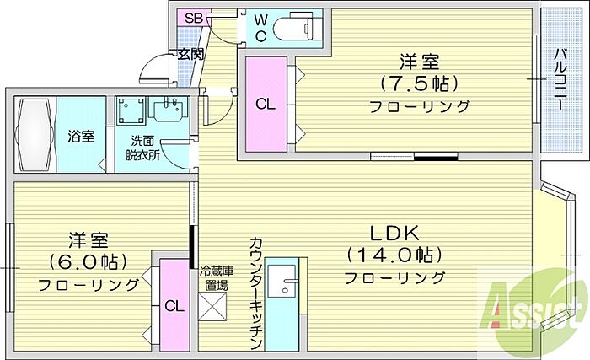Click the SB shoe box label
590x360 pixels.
point(193,18)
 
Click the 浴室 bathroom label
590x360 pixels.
point(82,136)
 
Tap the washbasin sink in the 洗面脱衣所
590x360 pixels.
point(170,111)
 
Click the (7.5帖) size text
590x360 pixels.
point(418,83)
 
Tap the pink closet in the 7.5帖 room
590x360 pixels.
point(265,105)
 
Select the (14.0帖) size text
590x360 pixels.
point(394,255)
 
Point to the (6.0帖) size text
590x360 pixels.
point(88,261)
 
